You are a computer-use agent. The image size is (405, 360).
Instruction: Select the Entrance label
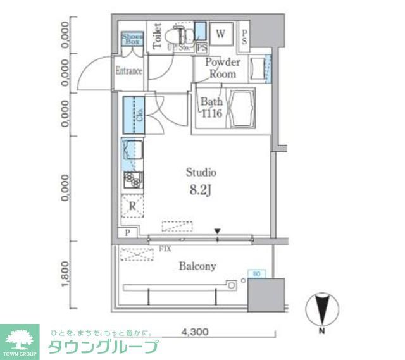click(129, 71)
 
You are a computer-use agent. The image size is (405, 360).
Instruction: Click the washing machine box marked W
click(221, 34)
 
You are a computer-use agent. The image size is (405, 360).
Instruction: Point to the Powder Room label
click(223, 68)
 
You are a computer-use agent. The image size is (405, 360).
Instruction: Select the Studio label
click(201, 172)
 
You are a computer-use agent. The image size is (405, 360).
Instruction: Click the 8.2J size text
click(201, 190)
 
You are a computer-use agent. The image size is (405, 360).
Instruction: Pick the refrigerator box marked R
click(132, 206)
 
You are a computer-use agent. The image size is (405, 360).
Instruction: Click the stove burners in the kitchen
click(132, 180)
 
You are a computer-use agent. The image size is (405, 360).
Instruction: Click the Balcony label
click(197, 266)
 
